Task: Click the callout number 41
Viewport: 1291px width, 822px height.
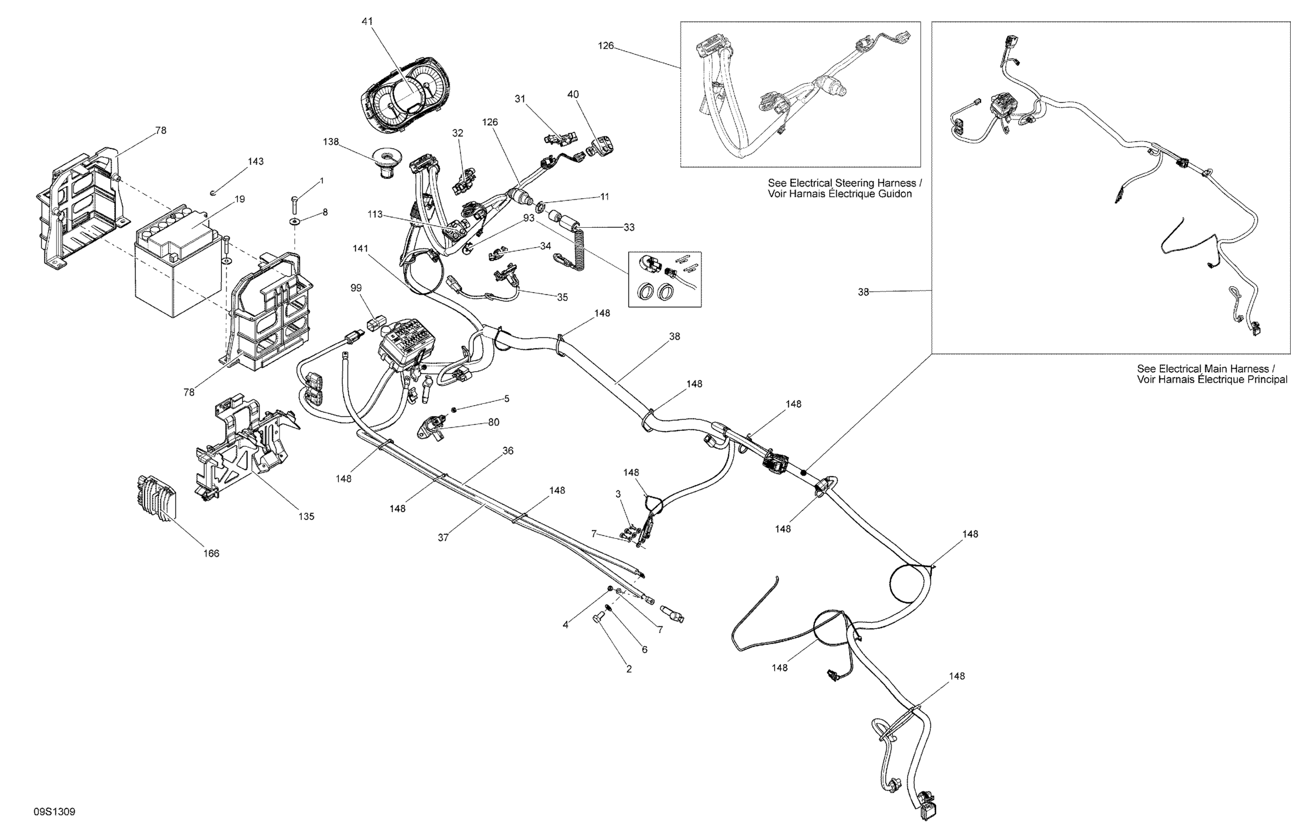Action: (367, 21)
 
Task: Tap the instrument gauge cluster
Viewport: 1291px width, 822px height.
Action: (406, 98)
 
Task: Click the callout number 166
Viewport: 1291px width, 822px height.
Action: (211, 553)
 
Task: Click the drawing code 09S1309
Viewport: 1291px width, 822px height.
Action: (55, 812)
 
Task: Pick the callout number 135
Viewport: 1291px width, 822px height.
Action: (306, 516)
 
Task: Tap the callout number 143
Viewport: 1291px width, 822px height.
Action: (256, 161)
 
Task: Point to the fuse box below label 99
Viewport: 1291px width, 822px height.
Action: (407, 344)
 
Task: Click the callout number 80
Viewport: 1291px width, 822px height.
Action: (494, 423)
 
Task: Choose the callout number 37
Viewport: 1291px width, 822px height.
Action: (443, 537)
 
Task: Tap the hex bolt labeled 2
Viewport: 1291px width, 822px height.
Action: (599, 620)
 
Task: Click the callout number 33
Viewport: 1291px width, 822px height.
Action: (629, 227)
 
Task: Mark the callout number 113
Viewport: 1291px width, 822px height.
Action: (375, 215)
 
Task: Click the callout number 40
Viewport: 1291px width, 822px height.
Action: (573, 94)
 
